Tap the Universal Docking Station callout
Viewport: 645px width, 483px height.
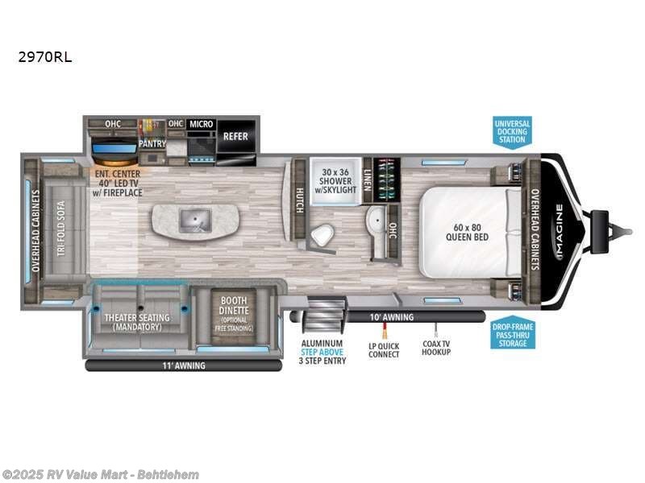(512, 131)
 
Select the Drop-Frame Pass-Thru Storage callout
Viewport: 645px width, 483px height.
(512, 334)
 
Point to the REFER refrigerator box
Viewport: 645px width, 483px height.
(235, 136)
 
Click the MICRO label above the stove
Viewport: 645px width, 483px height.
(202, 124)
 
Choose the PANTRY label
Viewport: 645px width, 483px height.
(152, 144)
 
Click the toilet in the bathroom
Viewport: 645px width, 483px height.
(322, 236)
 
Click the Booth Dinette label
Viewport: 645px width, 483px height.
(234, 312)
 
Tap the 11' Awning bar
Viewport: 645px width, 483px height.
(183, 365)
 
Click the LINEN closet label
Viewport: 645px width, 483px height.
(368, 172)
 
